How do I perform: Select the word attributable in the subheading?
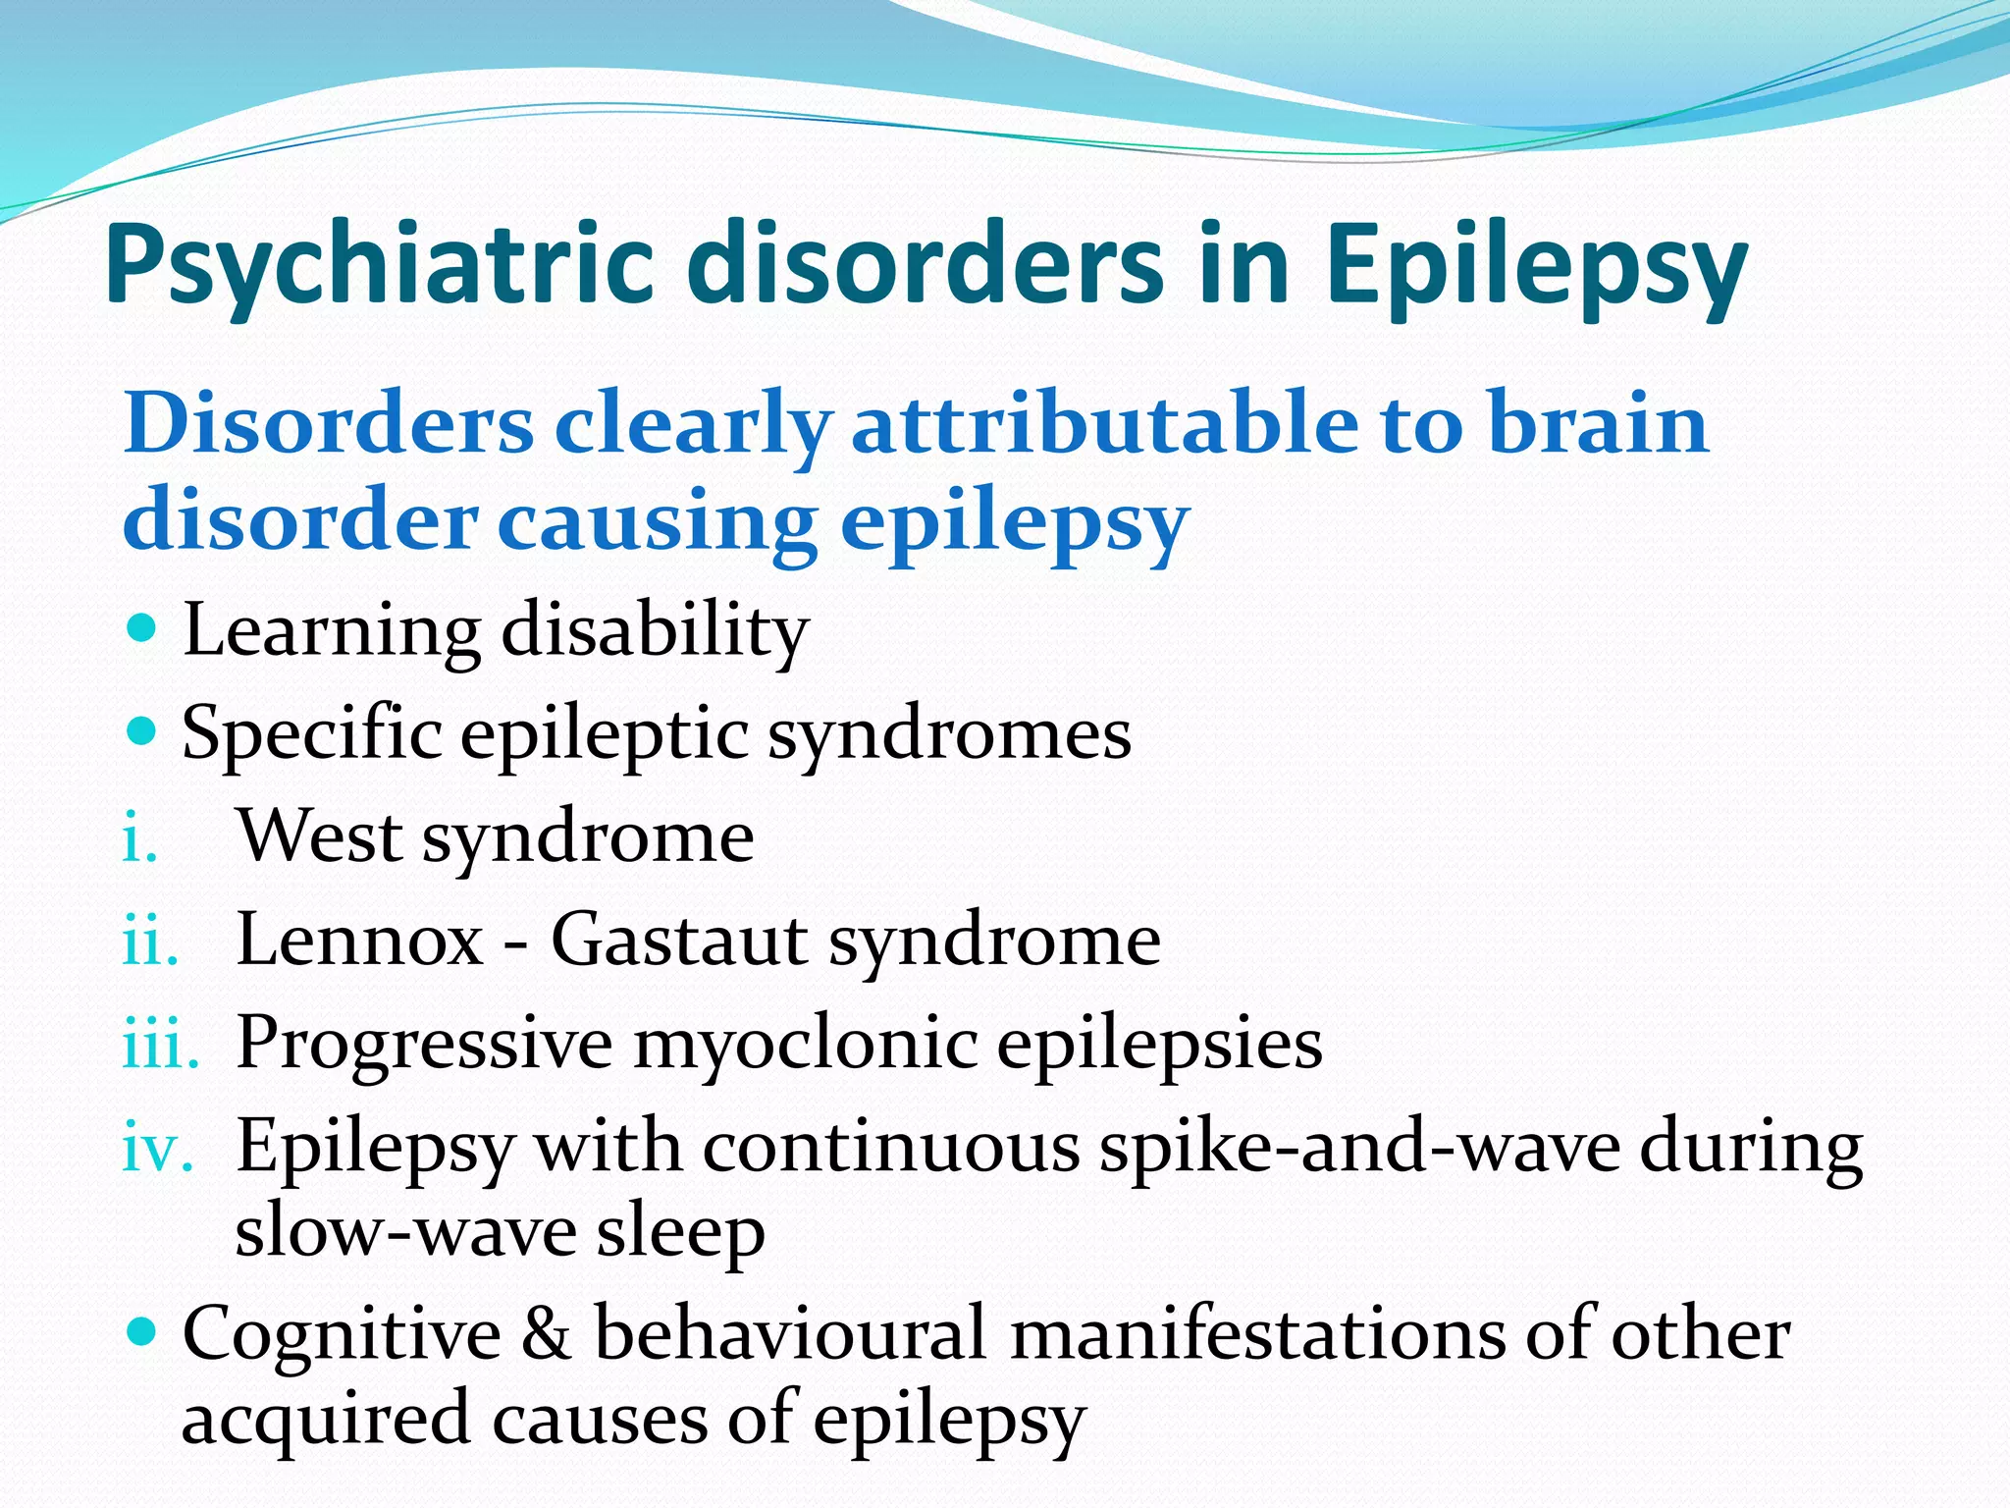[x=1104, y=424]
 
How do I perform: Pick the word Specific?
[x=311, y=733]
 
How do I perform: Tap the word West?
[x=320, y=836]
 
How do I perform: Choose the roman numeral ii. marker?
[x=150, y=943]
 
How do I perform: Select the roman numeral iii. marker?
[x=160, y=1046]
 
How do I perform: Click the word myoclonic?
[x=805, y=1043]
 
